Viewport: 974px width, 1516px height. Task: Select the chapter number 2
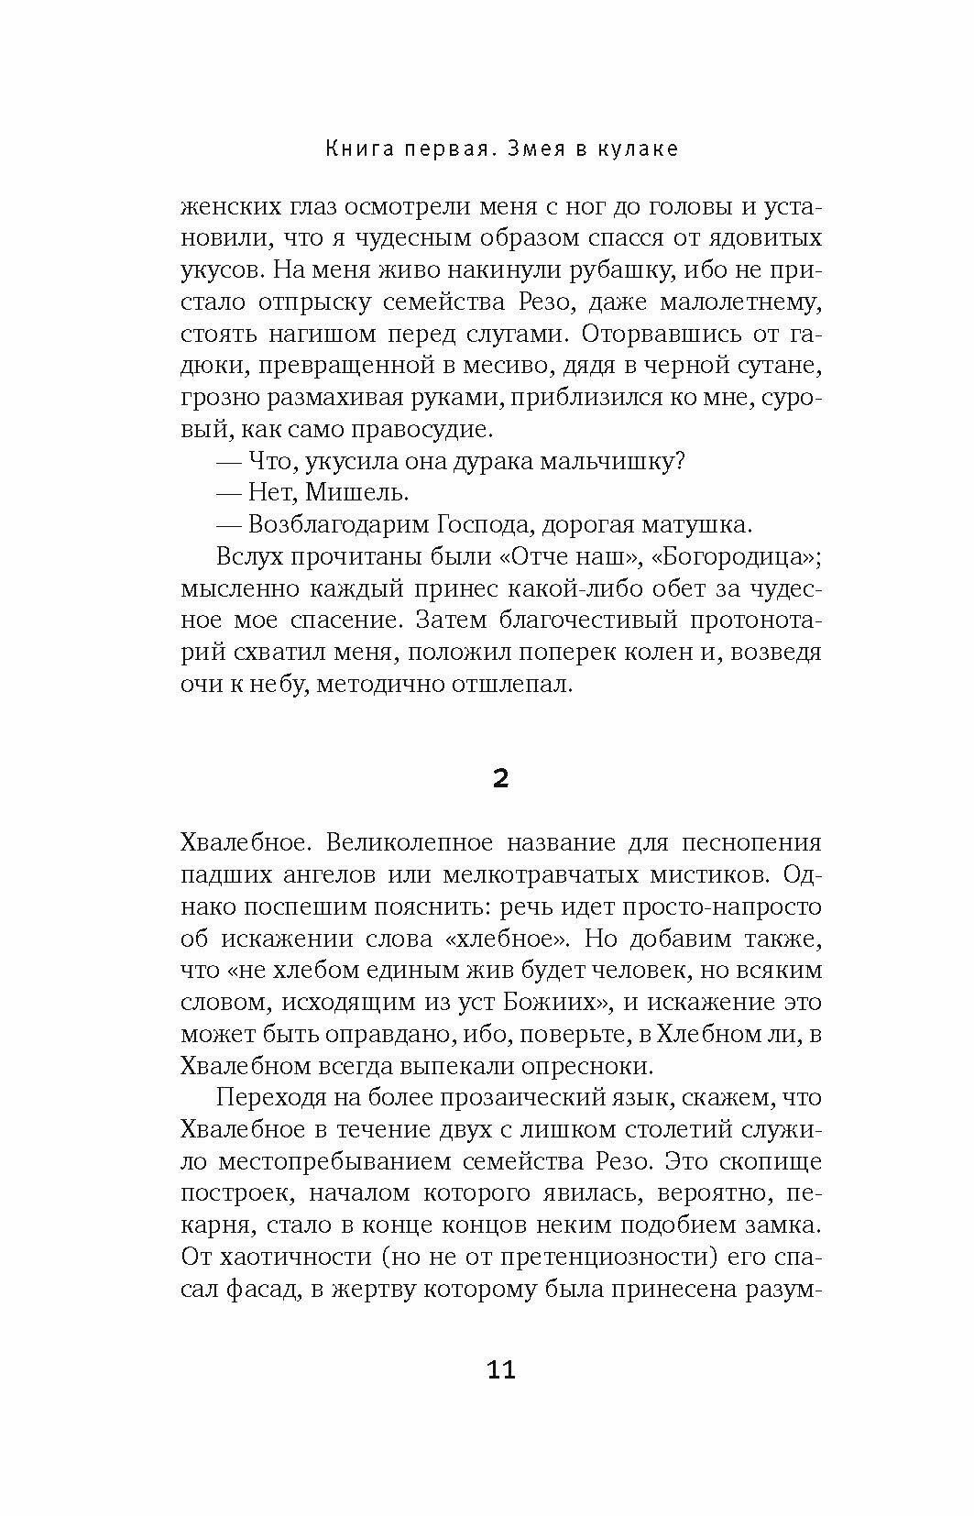[500, 779]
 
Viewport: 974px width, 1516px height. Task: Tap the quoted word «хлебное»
[495, 939]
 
